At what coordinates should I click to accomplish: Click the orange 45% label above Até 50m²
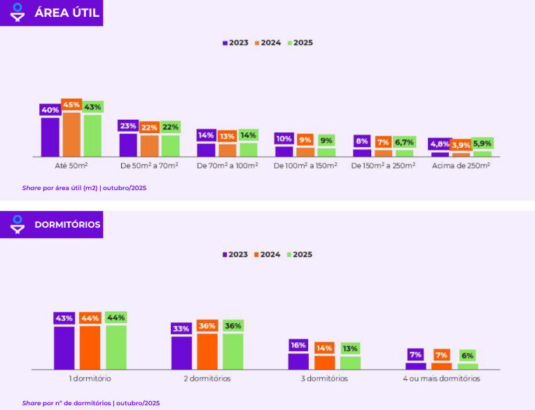coord(71,104)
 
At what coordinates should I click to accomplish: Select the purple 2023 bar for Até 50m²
coord(50,137)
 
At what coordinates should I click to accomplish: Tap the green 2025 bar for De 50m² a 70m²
coord(170,145)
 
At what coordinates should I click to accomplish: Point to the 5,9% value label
coord(482,144)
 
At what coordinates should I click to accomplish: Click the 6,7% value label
coord(404,142)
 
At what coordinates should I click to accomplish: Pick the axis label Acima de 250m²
coord(460,166)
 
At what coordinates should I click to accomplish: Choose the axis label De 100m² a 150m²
coord(305,166)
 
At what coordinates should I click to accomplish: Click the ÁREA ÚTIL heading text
coord(67,13)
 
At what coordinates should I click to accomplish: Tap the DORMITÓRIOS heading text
coord(67,225)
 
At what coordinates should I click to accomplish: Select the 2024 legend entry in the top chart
coord(267,43)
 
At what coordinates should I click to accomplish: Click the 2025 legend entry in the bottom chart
coord(300,254)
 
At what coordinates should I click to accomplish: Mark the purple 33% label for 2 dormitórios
coord(181,328)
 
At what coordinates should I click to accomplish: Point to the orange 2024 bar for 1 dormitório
coord(90,347)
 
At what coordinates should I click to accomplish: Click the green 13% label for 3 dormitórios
coord(350,348)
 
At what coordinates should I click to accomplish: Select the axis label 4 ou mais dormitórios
coord(441,378)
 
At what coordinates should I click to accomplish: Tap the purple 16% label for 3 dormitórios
coord(298,345)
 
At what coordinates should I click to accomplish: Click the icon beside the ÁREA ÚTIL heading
coord(18,13)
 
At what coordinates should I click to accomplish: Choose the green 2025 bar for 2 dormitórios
coord(233,350)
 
